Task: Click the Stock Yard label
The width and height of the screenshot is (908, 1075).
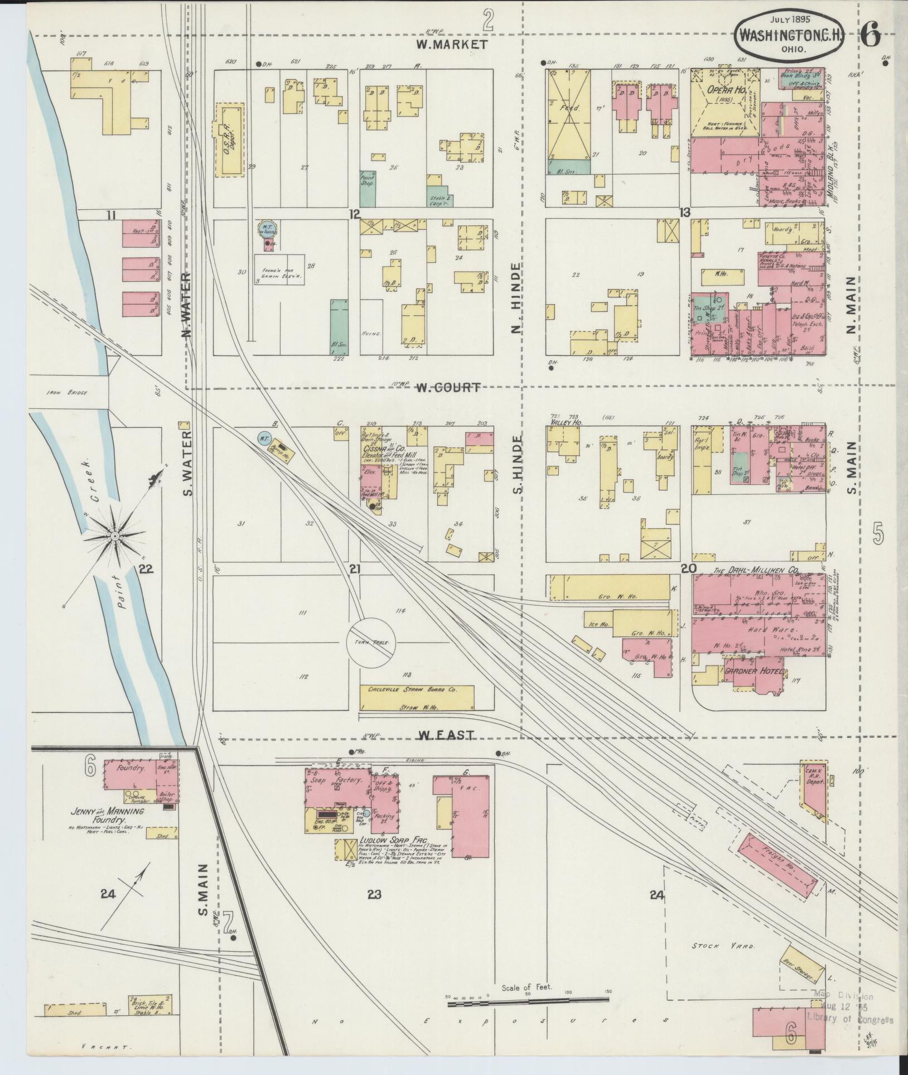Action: (722, 947)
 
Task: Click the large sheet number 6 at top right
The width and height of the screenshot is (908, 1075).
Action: (870, 37)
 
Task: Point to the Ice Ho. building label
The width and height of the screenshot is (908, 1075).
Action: (598, 624)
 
